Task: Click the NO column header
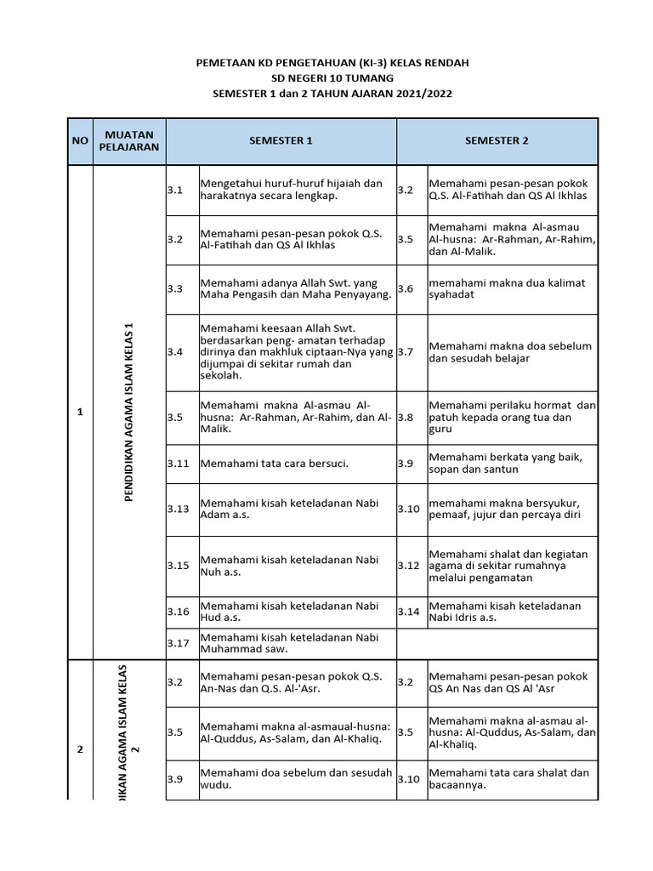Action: (x=79, y=141)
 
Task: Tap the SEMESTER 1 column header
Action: (x=281, y=141)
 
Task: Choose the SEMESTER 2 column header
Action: (x=497, y=141)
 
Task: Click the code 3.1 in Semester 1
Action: (x=175, y=190)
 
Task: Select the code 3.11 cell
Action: (x=178, y=464)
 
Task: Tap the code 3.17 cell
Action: (x=178, y=644)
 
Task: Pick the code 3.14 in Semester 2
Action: (x=409, y=612)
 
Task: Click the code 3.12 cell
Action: (x=409, y=566)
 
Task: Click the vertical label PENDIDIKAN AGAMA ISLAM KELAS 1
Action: (x=129, y=412)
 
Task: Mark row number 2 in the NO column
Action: (x=80, y=749)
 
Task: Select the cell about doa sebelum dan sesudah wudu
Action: (x=295, y=779)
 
